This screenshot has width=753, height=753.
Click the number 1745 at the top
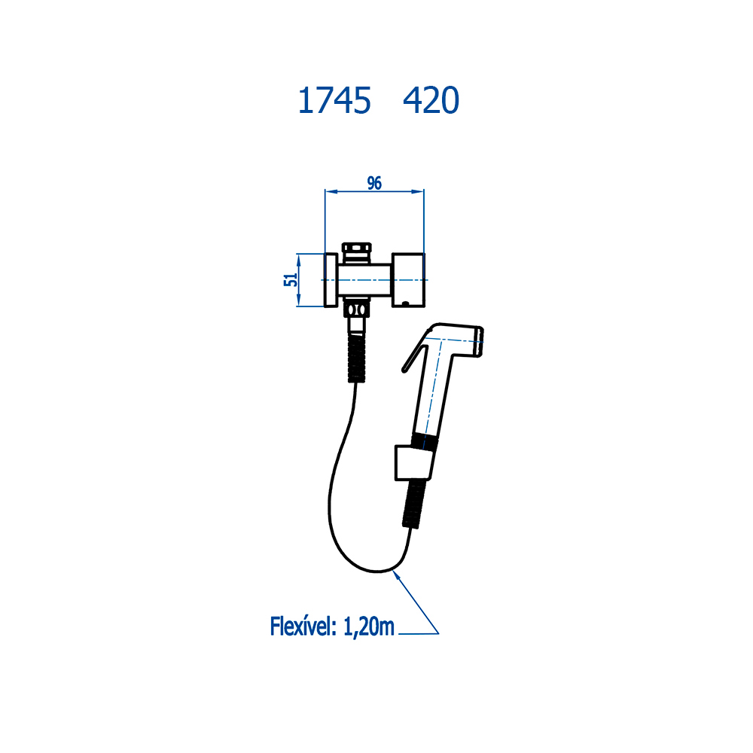334,101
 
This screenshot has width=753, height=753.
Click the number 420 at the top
431,101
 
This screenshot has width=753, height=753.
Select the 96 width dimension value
374,183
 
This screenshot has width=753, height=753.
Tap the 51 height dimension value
290,279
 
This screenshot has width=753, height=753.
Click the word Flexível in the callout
303,626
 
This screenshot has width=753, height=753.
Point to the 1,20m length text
369,626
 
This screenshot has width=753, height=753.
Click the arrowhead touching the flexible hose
397,575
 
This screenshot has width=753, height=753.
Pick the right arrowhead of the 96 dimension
417,191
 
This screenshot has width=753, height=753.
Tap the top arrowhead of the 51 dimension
298,258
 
